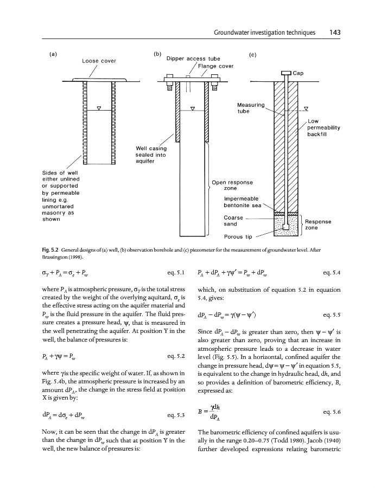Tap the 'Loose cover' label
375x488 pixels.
click(99, 61)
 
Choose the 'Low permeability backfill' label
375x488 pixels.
click(323, 127)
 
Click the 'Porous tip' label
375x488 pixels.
click(237, 236)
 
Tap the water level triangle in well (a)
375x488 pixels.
click(99, 108)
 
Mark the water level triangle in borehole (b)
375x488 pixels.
click(193, 109)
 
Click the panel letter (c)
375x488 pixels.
click(252, 55)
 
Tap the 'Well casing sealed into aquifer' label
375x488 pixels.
click(150, 154)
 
